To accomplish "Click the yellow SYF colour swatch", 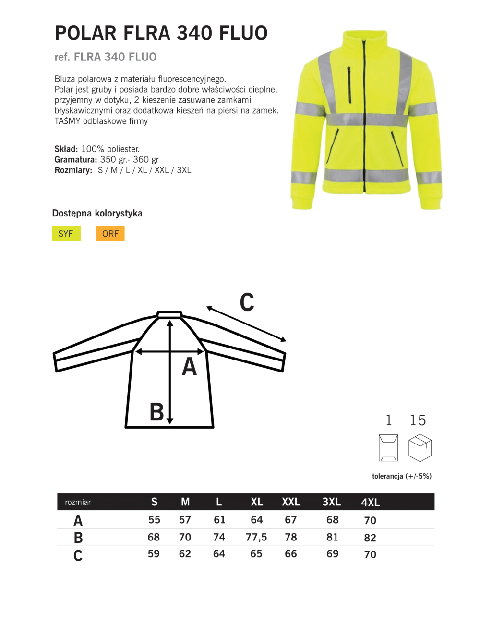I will point(66,234).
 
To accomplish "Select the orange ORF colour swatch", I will point(110,234).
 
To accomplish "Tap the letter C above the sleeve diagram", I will point(247,302).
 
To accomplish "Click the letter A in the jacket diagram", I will point(190,367).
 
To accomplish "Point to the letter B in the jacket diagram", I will point(156,412).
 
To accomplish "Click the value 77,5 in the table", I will point(256,537).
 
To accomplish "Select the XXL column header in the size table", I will point(291,502).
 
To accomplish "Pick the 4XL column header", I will point(370,503).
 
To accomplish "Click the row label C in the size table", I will point(78,555).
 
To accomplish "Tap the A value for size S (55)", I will point(154,520).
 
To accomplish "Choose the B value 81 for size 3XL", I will point(332,537).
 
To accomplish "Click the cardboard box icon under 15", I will point(420,448).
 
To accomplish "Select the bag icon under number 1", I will point(388,448).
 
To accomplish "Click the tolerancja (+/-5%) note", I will point(402,476).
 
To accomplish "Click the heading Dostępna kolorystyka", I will point(97,213).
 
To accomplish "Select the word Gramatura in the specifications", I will point(75,159).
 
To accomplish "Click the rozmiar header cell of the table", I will point(78,502).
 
